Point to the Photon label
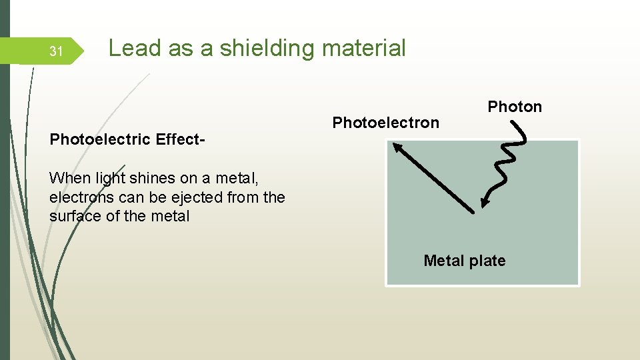click(515, 107)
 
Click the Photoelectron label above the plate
click(385, 123)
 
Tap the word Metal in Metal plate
click(444, 261)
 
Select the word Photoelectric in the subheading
click(100, 139)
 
